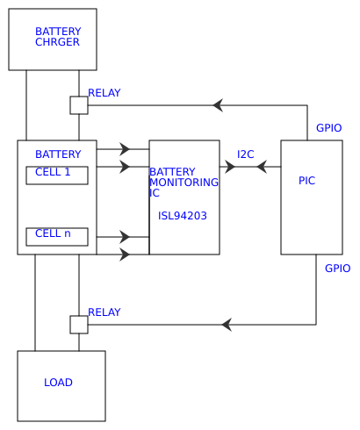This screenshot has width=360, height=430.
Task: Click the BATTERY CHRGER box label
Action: point(58,37)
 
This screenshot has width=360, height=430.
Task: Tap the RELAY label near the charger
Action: point(104,93)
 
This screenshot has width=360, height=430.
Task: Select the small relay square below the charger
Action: point(79,105)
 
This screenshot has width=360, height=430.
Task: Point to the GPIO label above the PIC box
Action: point(328,128)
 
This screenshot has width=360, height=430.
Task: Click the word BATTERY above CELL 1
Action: point(58,154)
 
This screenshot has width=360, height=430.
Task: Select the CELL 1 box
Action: point(57,174)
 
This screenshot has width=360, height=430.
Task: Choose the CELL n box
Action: point(57,235)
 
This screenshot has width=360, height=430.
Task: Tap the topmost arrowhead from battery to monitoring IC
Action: point(125,149)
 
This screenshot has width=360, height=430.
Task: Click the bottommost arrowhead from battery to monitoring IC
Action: point(125,254)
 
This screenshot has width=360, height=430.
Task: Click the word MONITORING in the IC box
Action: point(184,183)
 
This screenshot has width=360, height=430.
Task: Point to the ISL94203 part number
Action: point(183,215)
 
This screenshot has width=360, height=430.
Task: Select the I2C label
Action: point(246,154)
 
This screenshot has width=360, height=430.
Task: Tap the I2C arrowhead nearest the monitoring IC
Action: point(231,166)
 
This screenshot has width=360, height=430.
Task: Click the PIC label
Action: point(306,181)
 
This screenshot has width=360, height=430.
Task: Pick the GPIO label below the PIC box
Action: point(337,269)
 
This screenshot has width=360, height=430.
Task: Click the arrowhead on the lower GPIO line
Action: point(227,325)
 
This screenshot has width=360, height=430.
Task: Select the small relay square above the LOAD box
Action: point(79,325)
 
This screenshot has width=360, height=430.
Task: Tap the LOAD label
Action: point(58,383)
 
